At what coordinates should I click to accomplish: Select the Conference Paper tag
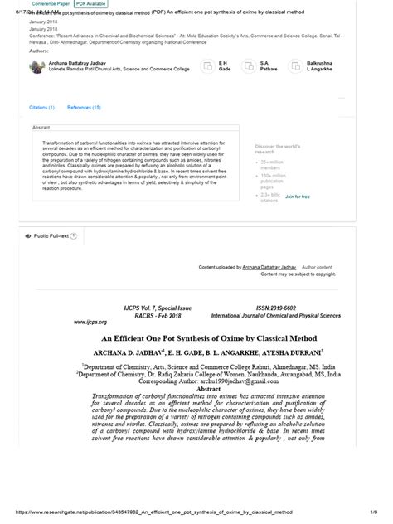pos(51,4)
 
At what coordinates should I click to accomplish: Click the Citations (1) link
pos(42,108)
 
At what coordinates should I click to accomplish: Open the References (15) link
pos(84,108)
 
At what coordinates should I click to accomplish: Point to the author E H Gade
pos(224,65)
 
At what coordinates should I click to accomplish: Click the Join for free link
pos(298,196)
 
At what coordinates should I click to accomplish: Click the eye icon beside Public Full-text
pos(28,236)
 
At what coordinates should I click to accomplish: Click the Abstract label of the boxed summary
pos(41,127)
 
